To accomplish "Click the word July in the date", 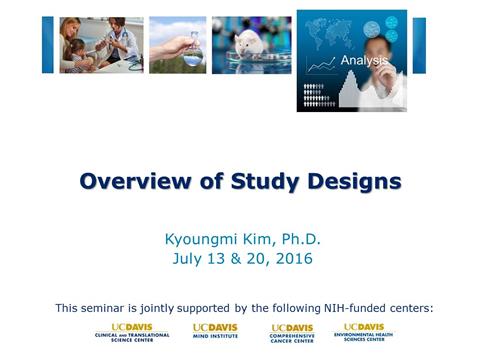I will pos(188,259).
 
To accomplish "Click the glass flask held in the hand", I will pos(192,50).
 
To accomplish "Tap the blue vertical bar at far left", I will pos(47,45).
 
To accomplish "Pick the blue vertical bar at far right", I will pos(419,45).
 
